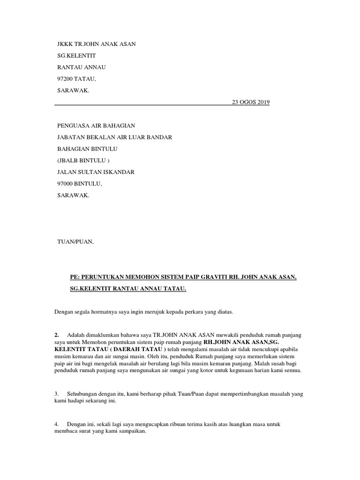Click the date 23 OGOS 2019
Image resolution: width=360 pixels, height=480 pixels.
pos(251,102)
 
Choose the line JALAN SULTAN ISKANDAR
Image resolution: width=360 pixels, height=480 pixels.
pos(96,172)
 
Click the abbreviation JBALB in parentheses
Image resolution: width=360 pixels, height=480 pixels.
pos(70,160)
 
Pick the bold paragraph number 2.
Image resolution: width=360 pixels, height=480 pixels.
pos(56,335)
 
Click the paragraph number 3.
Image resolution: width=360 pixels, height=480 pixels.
pos(56,394)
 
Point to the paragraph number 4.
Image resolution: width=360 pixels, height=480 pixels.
pos(56,424)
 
